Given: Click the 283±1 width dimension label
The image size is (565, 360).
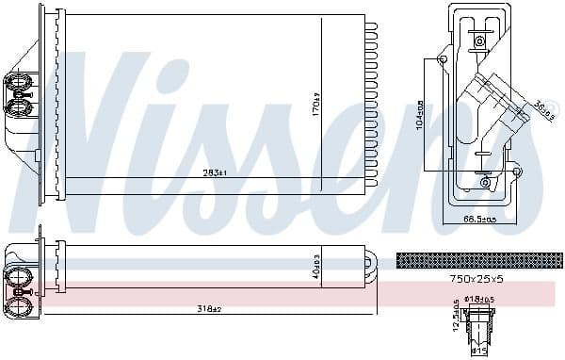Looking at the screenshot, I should pyautogui.click(x=215, y=172).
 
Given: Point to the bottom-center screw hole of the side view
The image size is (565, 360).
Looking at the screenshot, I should pyautogui.click(x=485, y=182).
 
